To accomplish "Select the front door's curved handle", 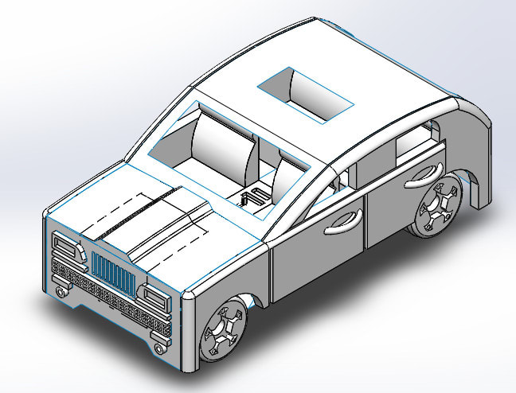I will pos(343,222).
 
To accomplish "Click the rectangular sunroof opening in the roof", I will pos(304,94).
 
